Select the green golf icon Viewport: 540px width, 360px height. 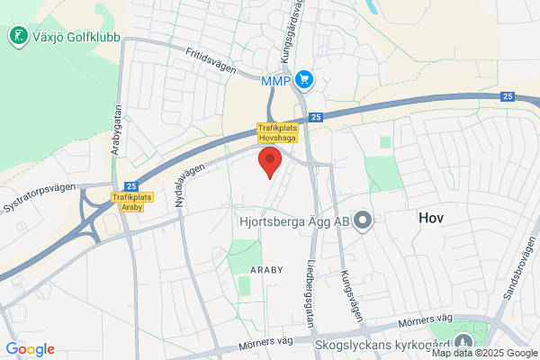(x=16, y=36)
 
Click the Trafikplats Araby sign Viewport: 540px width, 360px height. (x=132, y=202)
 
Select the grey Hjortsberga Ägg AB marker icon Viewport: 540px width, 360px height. (x=363, y=220)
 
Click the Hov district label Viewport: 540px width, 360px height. (x=432, y=218)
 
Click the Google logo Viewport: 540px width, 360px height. (x=30, y=349)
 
